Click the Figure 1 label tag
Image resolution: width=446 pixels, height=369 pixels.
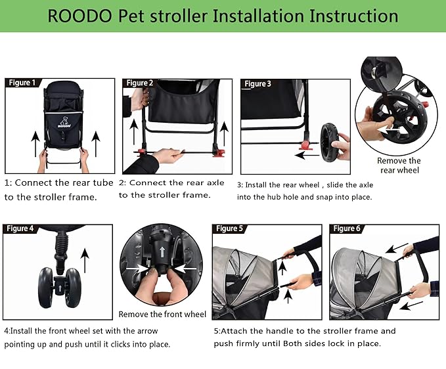click(22, 83)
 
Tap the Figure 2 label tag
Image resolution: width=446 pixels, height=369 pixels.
click(139, 83)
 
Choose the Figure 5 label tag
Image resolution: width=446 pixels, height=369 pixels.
click(229, 228)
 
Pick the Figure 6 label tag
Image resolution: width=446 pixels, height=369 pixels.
click(346, 228)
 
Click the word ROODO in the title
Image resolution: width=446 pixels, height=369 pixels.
click(77, 15)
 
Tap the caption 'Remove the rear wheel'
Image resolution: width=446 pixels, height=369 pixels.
click(399, 165)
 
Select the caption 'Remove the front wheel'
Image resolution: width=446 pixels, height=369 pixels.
click(162, 315)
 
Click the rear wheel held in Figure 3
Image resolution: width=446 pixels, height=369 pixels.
click(328, 143)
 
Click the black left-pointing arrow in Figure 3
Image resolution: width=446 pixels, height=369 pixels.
click(307, 156)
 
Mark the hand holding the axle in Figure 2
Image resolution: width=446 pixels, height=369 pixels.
click(168, 155)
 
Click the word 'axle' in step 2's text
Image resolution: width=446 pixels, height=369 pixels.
click(212, 183)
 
